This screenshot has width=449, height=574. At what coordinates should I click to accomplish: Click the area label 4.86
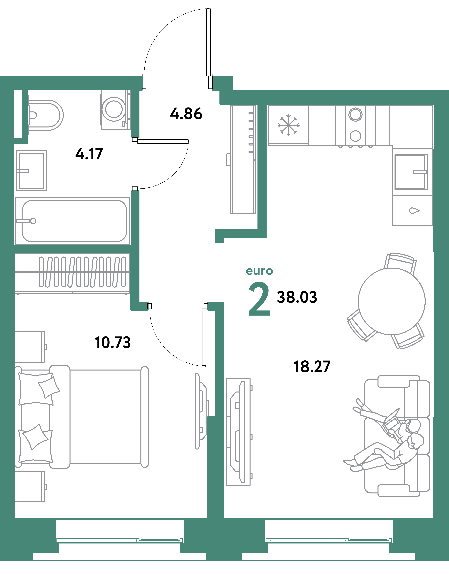tap(186, 114)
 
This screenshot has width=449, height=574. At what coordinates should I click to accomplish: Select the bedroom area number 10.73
tap(112, 343)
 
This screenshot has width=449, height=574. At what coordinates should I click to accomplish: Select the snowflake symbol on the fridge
tap(288, 125)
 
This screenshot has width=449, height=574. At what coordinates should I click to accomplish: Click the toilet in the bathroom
tap(46, 115)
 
